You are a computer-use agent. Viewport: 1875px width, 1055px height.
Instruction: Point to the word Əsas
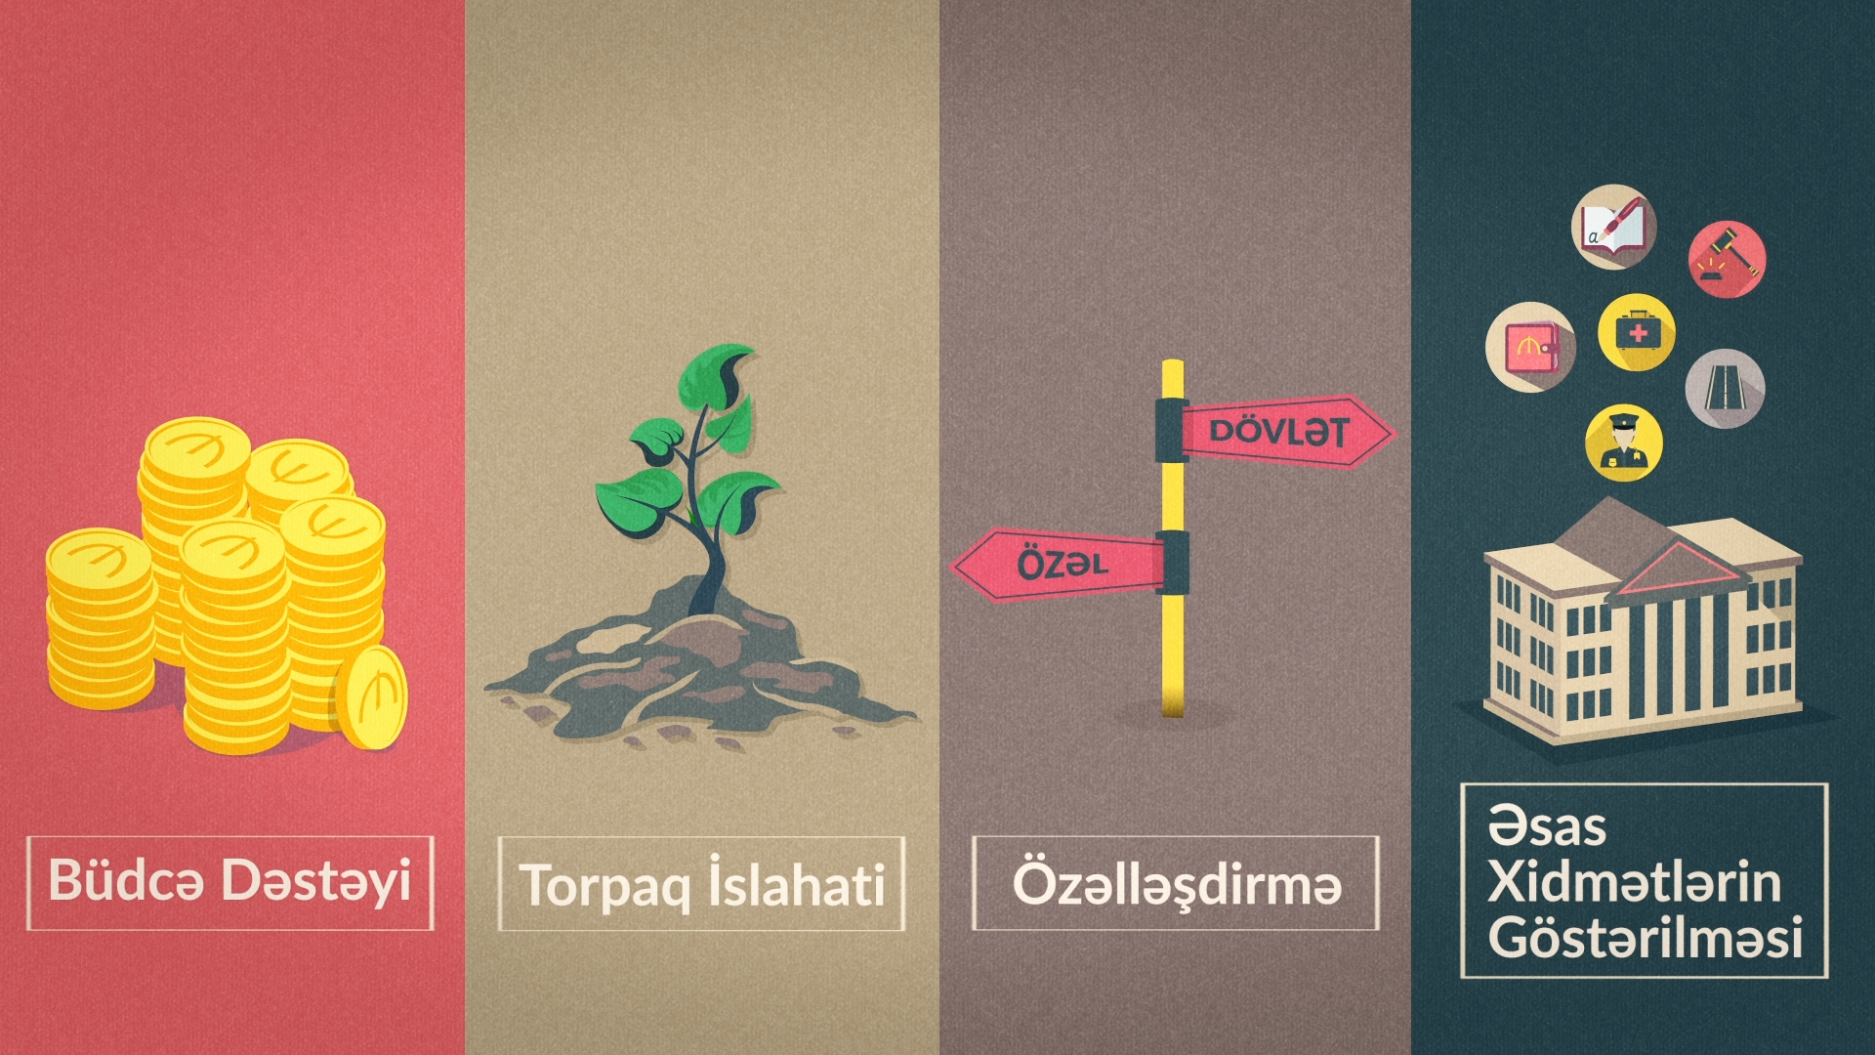(1547, 826)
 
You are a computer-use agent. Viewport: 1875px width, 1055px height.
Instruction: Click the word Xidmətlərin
(1634, 881)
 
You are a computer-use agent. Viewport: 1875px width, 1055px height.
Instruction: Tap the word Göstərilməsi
(1646, 937)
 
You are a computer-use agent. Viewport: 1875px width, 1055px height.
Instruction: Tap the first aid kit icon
(1637, 332)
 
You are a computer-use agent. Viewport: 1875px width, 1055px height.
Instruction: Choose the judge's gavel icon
(1727, 259)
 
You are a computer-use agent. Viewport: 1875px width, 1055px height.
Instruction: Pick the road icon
(1725, 388)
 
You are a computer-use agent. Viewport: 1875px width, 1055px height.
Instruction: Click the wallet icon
(1530, 347)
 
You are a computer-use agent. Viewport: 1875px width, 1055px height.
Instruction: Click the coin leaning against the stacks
(371, 697)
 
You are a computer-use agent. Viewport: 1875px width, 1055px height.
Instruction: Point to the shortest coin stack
(101, 618)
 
